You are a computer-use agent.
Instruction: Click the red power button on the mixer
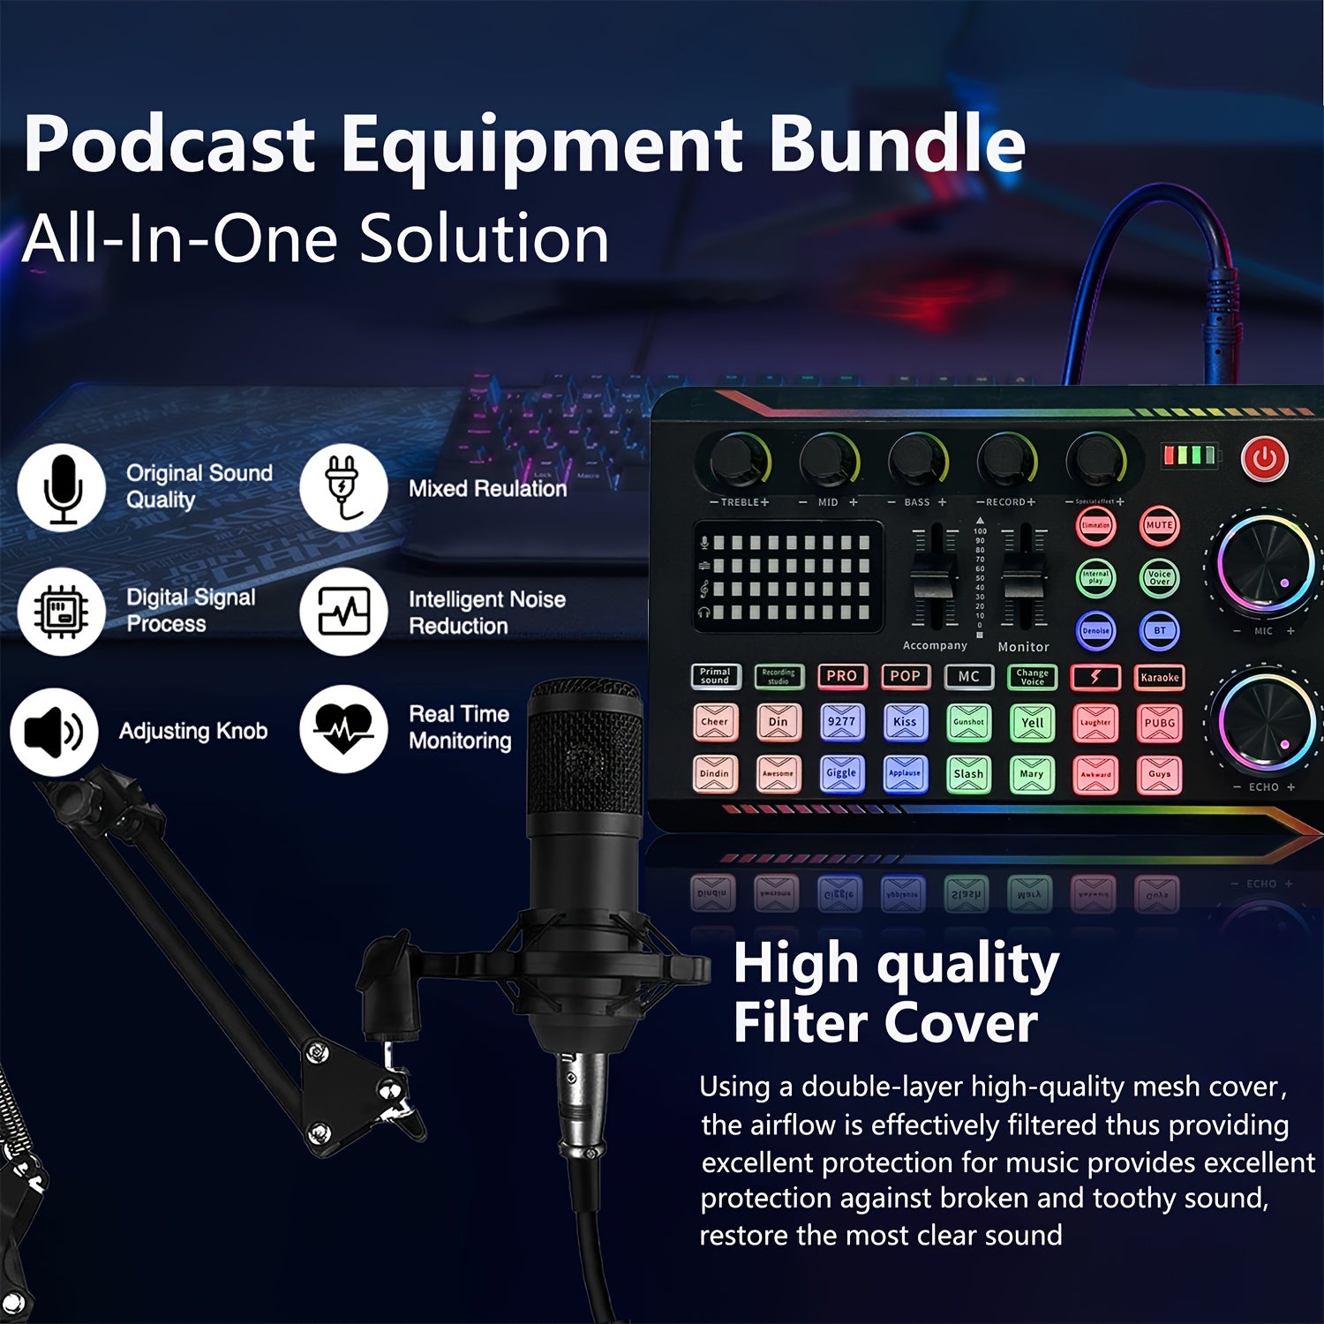point(1264,458)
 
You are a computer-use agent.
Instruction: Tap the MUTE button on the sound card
point(1159,525)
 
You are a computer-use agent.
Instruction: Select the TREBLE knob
point(740,460)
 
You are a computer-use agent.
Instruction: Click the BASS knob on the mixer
point(918,460)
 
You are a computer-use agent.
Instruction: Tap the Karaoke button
point(1159,677)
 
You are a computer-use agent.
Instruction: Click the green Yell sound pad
point(1032,723)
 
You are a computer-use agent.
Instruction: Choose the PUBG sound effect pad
point(1159,723)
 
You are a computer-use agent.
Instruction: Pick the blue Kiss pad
point(905,723)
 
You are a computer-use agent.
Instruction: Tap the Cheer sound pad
point(714,723)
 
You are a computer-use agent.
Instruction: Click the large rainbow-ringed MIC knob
point(1266,565)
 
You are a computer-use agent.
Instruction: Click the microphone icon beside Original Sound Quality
point(62,488)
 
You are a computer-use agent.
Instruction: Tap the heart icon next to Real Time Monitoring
point(342,730)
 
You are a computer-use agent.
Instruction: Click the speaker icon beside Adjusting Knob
point(54,732)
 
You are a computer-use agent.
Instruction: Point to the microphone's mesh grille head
point(585,750)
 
